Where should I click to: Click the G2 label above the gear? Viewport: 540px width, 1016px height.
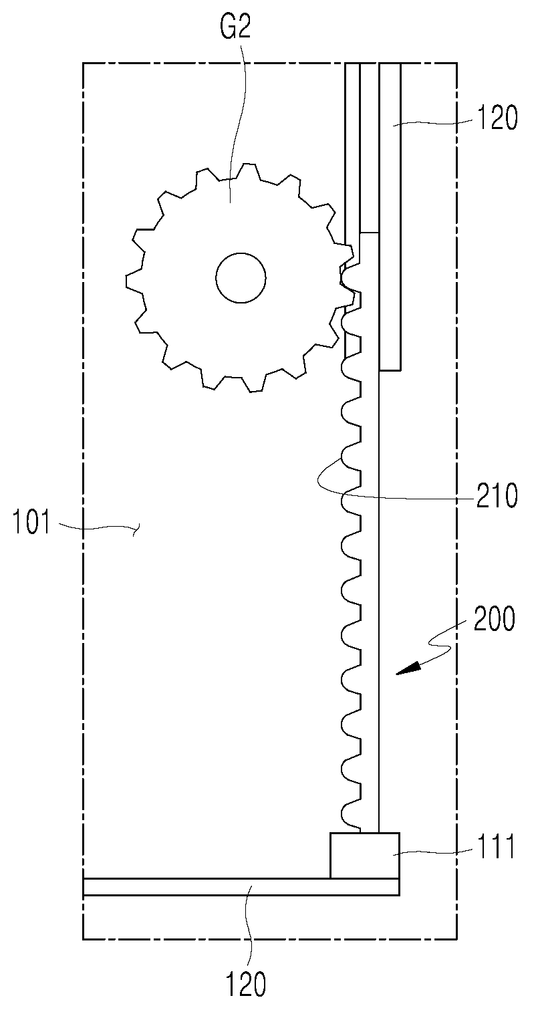pyautogui.click(x=235, y=27)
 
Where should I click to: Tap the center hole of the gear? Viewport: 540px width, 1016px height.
pyautogui.click(x=241, y=277)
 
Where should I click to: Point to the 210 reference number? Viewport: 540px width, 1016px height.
pyautogui.click(x=497, y=496)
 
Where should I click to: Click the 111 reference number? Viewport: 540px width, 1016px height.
pyautogui.click(x=496, y=846)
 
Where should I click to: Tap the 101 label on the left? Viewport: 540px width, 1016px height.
pyautogui.click(x=31, y=522)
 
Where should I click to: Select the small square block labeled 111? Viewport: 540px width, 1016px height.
pyautogui.click(x=365, y=856)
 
